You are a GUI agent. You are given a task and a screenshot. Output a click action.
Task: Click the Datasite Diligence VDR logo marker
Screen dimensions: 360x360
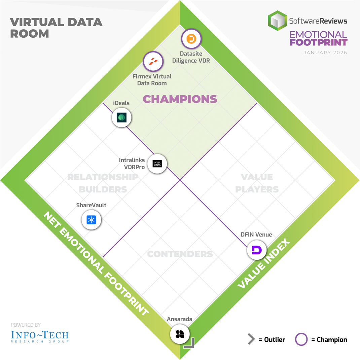coord(191,39)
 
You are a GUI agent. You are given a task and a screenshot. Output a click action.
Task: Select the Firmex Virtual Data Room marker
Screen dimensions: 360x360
coord(153,62)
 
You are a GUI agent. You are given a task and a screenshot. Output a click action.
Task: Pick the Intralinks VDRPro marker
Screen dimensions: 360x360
coord(157,164)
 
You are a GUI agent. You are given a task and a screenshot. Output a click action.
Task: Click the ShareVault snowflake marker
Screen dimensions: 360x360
coord(91,220)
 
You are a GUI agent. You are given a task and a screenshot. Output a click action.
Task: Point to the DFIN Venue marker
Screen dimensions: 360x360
coord(257,250)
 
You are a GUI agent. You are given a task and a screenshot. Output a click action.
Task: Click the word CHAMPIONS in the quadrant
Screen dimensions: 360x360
coord(180,99)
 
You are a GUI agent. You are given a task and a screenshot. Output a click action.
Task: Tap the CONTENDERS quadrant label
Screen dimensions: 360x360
coord(180,254)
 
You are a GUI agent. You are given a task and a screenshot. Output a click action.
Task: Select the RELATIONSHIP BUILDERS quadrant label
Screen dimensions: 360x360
coord(103,183)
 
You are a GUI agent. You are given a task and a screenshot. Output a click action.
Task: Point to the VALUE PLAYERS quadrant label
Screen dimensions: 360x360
coord(257,183)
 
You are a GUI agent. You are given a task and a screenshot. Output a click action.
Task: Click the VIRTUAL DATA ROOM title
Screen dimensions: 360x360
coord(56,28)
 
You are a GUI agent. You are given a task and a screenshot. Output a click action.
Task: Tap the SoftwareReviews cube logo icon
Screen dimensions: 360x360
coord(278,21)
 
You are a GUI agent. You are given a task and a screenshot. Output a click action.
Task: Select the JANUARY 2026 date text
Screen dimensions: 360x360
coord(325,53)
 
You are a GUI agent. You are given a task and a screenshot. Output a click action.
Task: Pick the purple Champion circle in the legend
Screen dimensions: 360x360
coord(301,339)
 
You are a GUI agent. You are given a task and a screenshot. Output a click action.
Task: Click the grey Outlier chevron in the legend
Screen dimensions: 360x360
coord(251,339)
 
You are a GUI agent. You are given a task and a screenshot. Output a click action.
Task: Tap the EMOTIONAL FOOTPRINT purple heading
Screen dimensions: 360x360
coord(318,38)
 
